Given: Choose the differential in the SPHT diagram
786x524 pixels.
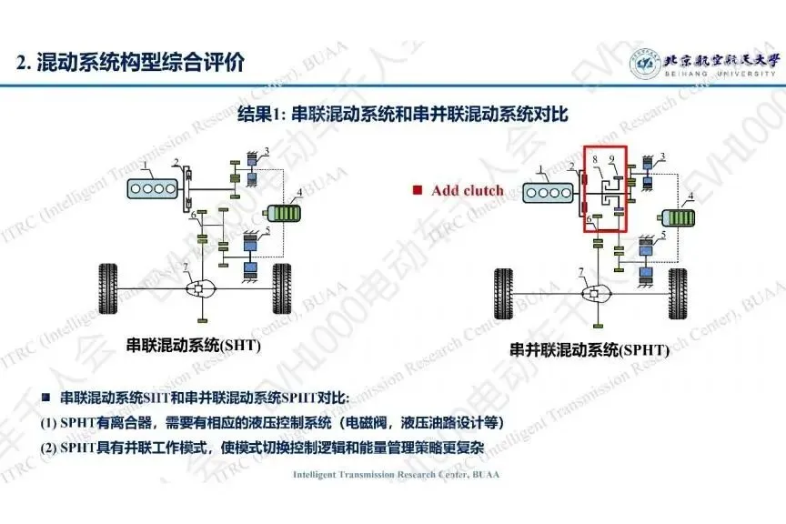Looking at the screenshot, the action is tap(598, 294).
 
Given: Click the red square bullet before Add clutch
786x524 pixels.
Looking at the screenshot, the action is tap(417, 191).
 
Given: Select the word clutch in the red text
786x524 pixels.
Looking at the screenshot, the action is tap(483, 191).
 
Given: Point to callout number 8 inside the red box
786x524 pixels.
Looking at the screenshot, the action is tap(596, 160).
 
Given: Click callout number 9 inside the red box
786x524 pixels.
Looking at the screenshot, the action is tap(612, 160).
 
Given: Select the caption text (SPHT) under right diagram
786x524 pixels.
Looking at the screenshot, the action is tap(642, 349).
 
